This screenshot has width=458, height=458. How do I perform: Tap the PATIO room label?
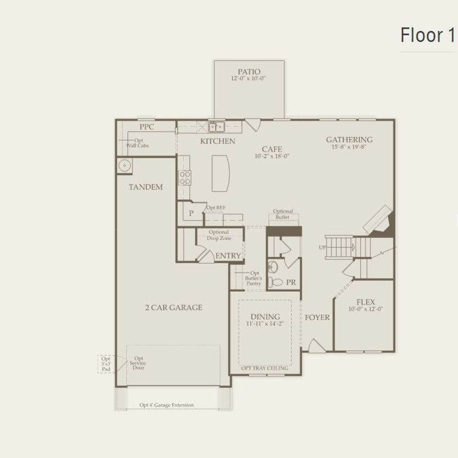point(248,71)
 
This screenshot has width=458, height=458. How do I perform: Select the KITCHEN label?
point(217,141)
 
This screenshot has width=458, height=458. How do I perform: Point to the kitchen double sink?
point(214,127)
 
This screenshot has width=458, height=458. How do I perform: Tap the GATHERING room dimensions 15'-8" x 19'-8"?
point(349,147)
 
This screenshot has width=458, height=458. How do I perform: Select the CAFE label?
point(272,149)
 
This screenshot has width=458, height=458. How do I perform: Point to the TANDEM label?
point(145,187)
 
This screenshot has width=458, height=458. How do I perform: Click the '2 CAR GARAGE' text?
point(173,308)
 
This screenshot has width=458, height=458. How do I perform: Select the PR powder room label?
point(291,282)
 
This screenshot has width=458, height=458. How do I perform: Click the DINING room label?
point(265,316)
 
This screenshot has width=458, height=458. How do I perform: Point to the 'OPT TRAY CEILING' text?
point(265,368)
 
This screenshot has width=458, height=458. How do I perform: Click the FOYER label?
point(317,317)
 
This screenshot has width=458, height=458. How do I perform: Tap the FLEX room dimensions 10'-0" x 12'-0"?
point(365,309)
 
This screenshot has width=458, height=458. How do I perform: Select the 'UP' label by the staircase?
point(322,247)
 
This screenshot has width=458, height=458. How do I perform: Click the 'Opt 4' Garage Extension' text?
point(166,405)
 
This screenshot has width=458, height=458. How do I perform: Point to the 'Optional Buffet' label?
point(283,214)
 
